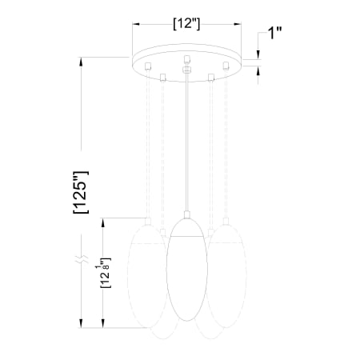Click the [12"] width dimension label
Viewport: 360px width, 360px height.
186,24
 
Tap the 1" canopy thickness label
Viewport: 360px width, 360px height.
274,33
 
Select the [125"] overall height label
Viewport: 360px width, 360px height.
81,192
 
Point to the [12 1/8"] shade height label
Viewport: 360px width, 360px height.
105,273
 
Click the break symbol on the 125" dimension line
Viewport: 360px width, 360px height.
82,258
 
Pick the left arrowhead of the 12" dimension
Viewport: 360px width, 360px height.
136,24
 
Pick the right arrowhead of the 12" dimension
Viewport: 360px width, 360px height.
238,24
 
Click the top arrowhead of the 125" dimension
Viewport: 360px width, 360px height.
81,61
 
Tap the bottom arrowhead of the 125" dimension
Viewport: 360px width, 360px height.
81,324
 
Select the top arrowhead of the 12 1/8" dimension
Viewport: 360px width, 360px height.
103,222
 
